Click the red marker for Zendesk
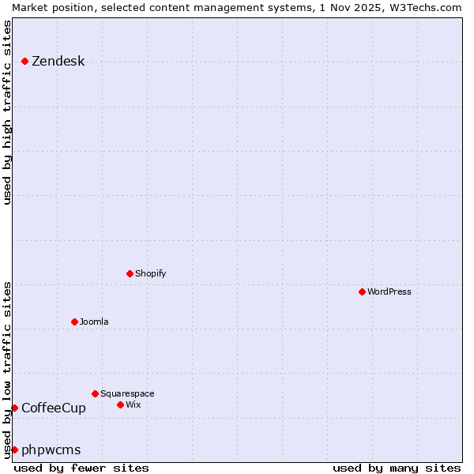click(x=25, y=61)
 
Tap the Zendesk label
click(x=58, y=62)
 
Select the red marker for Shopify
click(x=130, y=273)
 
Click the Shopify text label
click(x=150, y=273)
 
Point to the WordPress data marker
click(x=363, y=292)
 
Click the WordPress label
click(x=389, y=292)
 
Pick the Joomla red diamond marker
click(x=75, y=322)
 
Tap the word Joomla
click(x=94, y=322)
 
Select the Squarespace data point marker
click(x=96, y=393)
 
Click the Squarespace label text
click(x=127, y=393)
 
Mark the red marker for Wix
click(x=121, y=404)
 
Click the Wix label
click(x=134, y=404)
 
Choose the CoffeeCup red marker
click(x=14, y=408)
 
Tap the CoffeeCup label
click(x=54, y=408)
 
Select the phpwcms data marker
click(x=14, y=450)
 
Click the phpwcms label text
click(x=51, y=450)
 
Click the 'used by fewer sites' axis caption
click(x=81, y=468)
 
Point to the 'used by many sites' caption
click(x=397, y=468)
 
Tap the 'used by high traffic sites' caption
click(x=7, y=112)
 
